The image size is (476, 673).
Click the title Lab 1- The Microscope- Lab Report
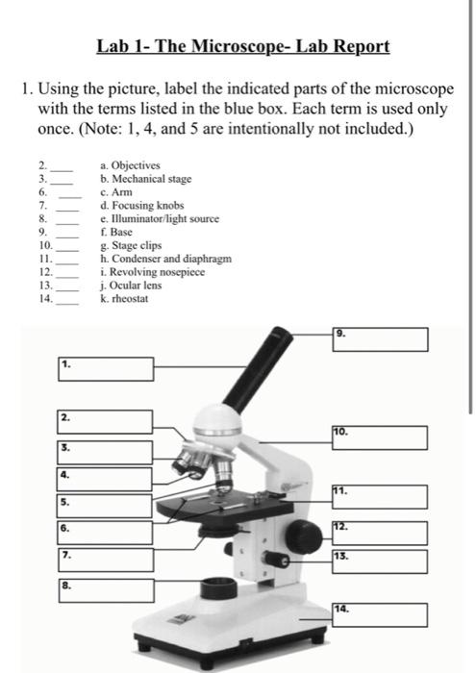click(x=243, y=46)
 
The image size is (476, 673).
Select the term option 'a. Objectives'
click(x=130, y=165)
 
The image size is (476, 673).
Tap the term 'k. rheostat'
click(x=124, y=299)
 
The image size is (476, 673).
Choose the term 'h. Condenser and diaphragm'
click(x=165, y=259)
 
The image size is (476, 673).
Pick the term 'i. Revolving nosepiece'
click(x=152, y=272)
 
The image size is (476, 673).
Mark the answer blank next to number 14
click(x=67, y=304)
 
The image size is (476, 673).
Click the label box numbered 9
click(x=380, y=339)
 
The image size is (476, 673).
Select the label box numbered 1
click(x=106, y=369)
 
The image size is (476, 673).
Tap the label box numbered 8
click(x=107, y=590)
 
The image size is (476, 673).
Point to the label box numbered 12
click(x=380, y=533)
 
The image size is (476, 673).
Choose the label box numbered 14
click(x=380, y=614)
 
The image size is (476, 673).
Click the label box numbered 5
click(x=104, y=506)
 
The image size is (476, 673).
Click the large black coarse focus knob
click(x=304, y=536)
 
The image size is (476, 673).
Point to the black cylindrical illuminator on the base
click(x=219, y=588)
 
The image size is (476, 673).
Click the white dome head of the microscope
click(x=218, y=425)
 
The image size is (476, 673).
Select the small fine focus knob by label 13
click(x=276, y=560)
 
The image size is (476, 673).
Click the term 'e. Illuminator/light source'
click(x=160, y=219)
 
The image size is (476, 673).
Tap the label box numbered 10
click(x=380, y=437)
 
